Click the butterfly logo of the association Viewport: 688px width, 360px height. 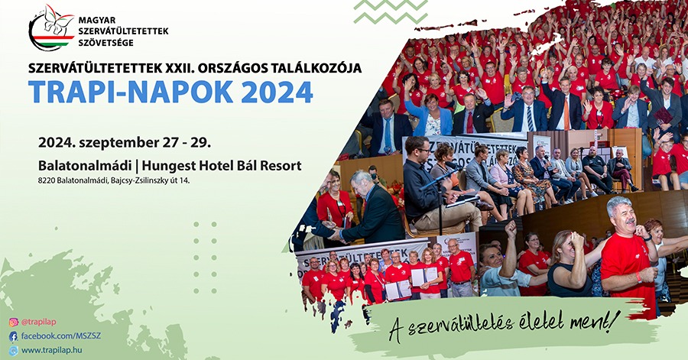click(x=52, y=28)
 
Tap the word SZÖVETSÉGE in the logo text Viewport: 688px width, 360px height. click(x=105, y=43)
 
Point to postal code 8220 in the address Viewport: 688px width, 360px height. click(x=46, y=180)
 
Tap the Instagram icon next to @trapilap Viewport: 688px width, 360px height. click(x=13, y=323)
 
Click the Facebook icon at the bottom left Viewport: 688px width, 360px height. click(x=13, y=336)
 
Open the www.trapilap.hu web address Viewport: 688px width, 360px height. click(x=52, y=350)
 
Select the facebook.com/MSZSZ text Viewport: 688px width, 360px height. click(x=61, y=336)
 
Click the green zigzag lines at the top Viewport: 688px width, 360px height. click(x=391, y=11)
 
